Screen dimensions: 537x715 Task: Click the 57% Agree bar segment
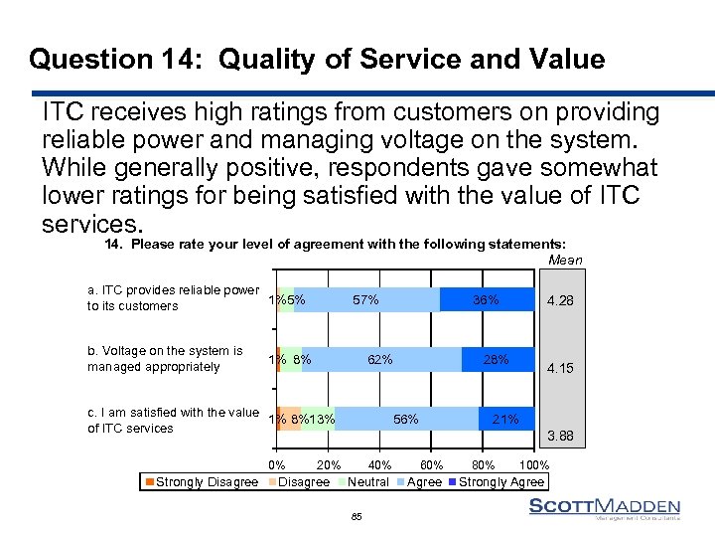367,299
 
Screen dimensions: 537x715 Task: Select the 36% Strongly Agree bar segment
487,299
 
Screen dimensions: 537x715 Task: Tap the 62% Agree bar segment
381,359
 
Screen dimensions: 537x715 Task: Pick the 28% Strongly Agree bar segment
498,359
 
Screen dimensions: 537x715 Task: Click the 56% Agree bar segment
407,420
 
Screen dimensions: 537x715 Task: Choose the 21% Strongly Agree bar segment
506,420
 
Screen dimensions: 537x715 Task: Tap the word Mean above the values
565,261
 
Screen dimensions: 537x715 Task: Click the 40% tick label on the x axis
378,464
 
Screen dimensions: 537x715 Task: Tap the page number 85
357,516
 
